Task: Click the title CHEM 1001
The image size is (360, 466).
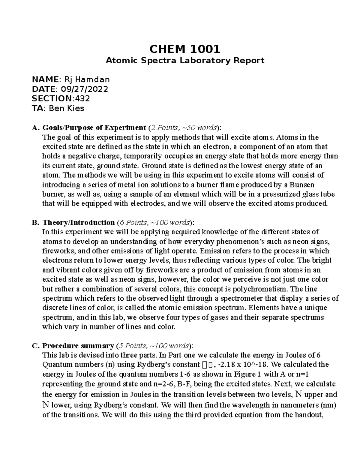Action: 185,49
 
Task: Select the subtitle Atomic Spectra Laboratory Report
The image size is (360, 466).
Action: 185,61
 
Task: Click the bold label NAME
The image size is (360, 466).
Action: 45,80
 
